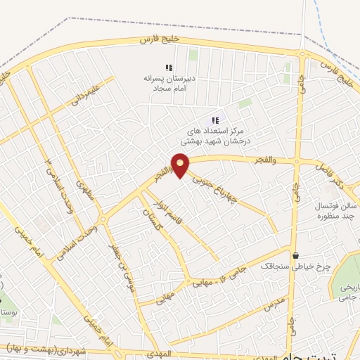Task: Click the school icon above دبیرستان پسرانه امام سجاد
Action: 169,68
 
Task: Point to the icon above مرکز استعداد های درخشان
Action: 215,120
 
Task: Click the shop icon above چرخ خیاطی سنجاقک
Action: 295,255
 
